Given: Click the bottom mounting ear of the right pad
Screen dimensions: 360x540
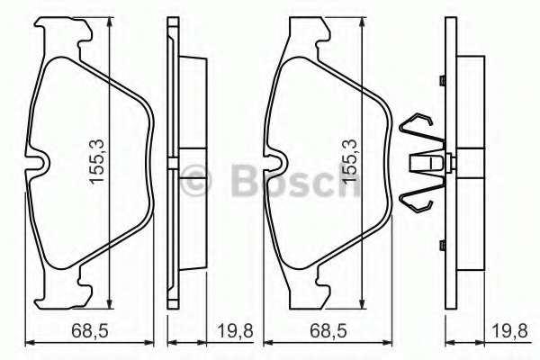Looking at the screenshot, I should click(310, 292).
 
